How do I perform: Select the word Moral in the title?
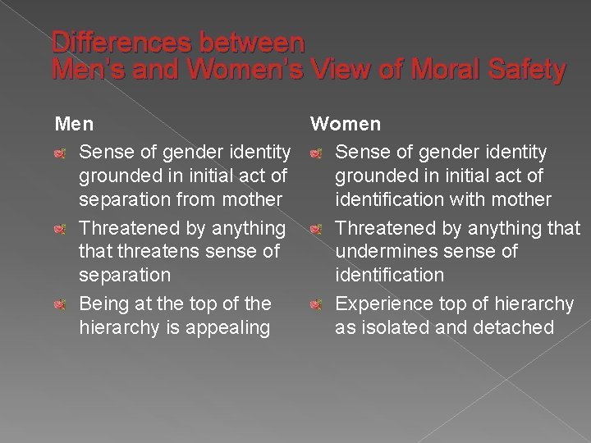pos(443,70)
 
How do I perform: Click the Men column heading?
pos(74,124)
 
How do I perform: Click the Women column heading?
pos(345,124)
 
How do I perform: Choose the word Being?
pos(104,304)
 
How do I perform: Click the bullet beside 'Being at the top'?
pos(59,304)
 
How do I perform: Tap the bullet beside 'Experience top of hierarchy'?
pos(316,304)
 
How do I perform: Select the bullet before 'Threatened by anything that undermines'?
pos(316,228)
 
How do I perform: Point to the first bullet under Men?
pos(59,153)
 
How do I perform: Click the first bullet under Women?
pos(316,153)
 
